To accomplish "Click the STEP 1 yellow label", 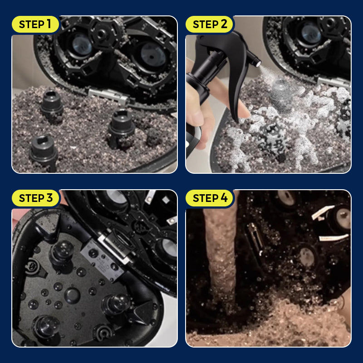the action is tap(35, 25).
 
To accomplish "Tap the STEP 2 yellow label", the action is tap(209, 25).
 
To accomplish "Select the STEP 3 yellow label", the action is tap(35, 198).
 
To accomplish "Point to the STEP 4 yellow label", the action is tap(209, 198).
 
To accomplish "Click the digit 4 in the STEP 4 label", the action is tap(224, 198).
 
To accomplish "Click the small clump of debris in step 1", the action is tap(153, 137).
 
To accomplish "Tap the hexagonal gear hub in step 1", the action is tap(101, 34).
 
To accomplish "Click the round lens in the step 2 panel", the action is tap(311, 35).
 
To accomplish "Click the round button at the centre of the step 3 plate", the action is tap(72, 296).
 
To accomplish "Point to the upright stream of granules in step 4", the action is tap(221, 255).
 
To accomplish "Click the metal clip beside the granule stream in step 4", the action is tap(255, 239).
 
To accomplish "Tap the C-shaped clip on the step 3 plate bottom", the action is tap(103, 333).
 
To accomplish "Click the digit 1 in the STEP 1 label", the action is tap(49, 24).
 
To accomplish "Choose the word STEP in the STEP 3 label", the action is tap(32, 198).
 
